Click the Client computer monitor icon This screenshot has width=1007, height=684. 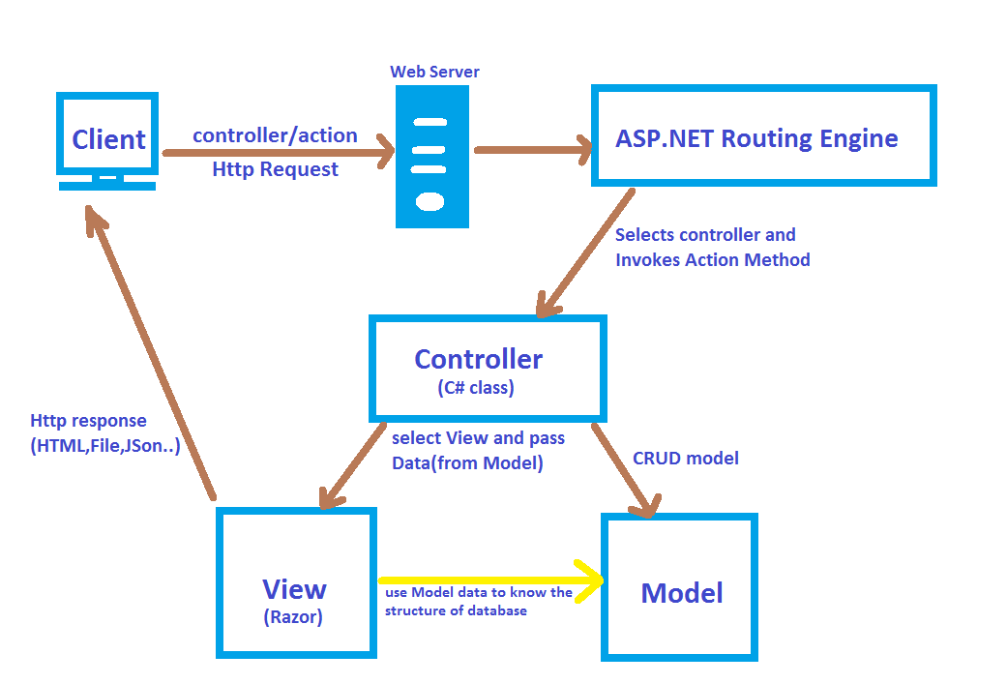tap(107, 140)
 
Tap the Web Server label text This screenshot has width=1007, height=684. tap(434, 72)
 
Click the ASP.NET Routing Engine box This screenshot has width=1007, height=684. tap(763, 136)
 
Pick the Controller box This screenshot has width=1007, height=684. tap(488, 368)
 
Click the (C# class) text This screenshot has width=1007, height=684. tap(475, 389)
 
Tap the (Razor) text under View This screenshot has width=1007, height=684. tap(294, 616)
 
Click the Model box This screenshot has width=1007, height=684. tap(680, 588)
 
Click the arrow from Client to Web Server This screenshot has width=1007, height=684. tap(281, 152)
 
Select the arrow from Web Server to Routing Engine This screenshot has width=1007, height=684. tap(532, 150)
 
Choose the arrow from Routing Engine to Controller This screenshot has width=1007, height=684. tap(586, 253)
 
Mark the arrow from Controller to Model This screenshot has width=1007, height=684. tap(624, 467)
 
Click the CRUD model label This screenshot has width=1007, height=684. tap(685, 458)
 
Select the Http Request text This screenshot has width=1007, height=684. tap(275, 170)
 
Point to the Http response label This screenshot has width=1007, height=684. tap(89, 421)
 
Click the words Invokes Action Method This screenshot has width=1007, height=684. tap(712, 259)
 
